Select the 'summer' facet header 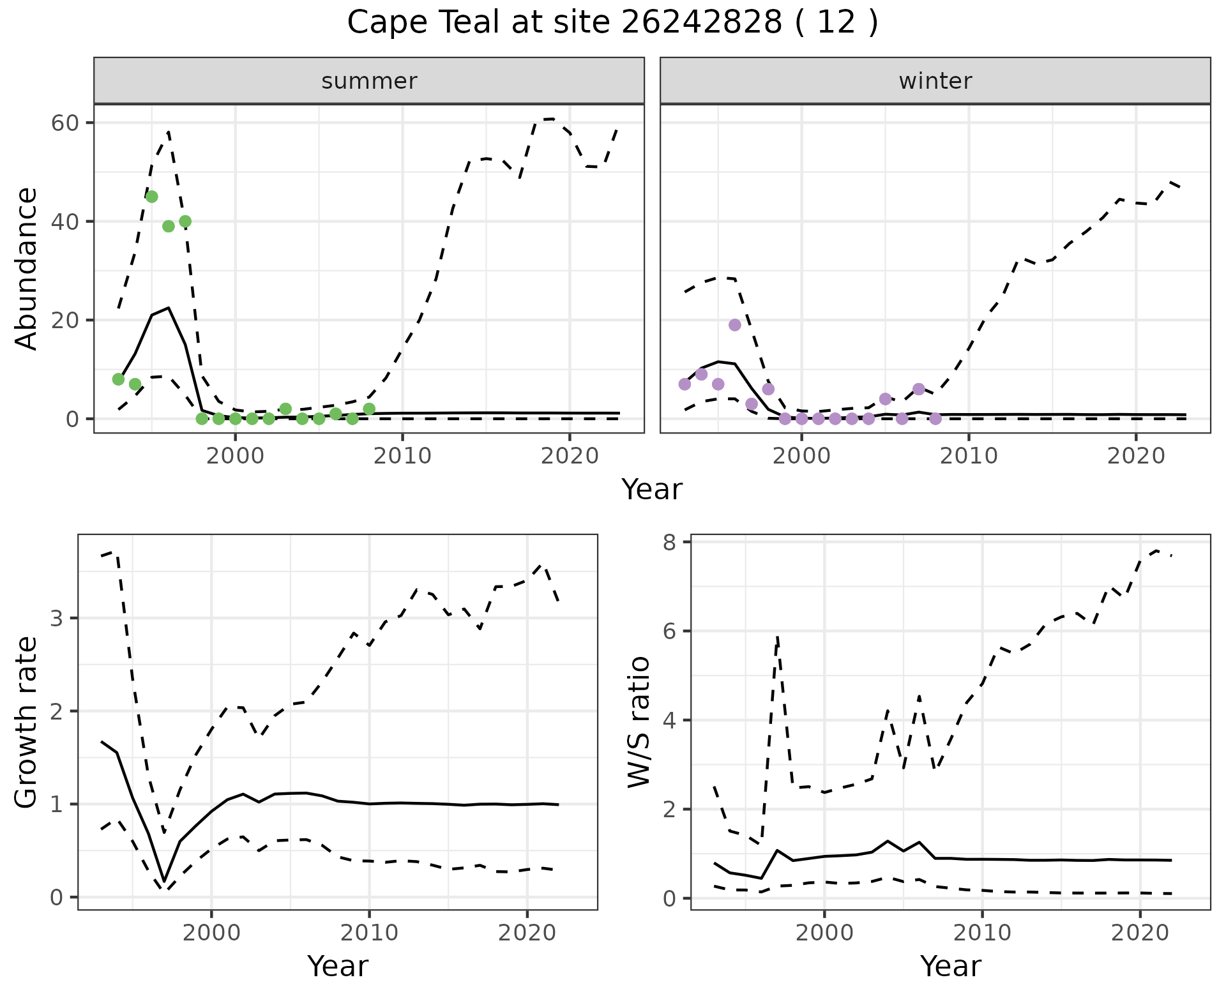click(x=369, y=81)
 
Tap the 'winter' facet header click(x=935, y=81)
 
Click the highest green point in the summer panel click(x=151, y=197)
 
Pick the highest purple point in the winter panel click(x=735, y=325)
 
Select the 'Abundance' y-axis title click(x=27, y=268)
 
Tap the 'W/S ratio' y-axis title click(x=639, y=721)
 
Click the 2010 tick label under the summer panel click(x=402, y=456)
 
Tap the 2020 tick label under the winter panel click(x=1136, y=456)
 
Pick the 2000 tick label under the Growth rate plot click(x=211, y=933)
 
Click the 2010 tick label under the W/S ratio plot click(x=982, y=933)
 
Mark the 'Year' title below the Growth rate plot click(x=338, y=967)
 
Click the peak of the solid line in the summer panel click(x=168, y=308)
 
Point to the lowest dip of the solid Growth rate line click(x=164, y=882)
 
